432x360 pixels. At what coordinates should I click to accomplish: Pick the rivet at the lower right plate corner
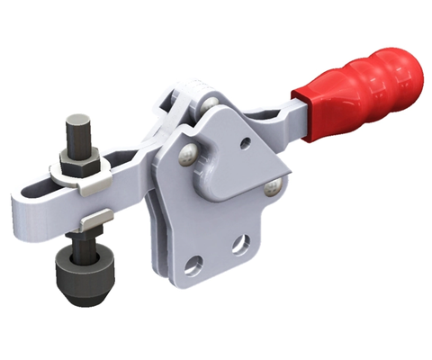270,187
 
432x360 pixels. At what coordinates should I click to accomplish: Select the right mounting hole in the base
239,244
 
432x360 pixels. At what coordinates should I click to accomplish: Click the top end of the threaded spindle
78,121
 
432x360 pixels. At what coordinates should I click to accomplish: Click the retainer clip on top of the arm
99,184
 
